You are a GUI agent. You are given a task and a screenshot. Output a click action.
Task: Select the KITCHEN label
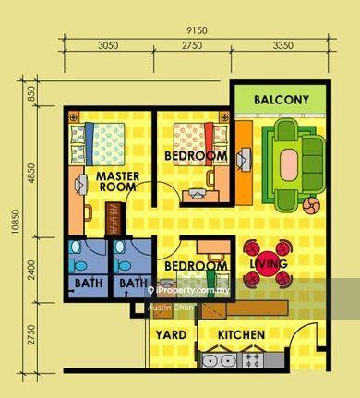(x=242, y=334)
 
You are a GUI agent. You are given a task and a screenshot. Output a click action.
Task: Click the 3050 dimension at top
(x=109, y=45)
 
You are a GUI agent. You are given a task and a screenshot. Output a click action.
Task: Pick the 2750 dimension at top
(x=192, y=45)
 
